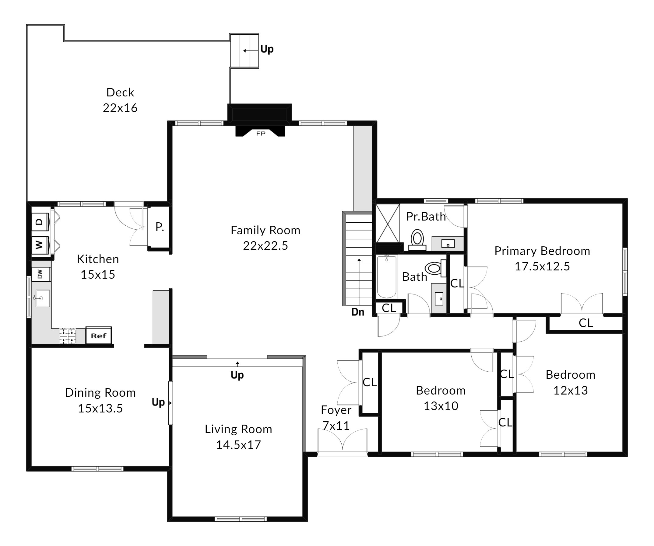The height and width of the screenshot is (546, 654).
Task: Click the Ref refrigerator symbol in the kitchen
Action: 98,335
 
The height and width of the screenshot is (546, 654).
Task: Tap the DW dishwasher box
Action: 41,274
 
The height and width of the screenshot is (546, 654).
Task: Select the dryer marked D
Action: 40,221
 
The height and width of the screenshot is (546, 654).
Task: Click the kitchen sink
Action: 42,298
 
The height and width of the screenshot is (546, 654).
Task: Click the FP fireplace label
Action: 261,134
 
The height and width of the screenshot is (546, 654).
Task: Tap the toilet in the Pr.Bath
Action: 417,240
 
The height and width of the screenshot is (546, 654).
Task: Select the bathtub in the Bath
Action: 387,276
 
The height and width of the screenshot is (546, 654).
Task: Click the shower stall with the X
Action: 388,223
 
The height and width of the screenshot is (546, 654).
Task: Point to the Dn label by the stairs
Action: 358,312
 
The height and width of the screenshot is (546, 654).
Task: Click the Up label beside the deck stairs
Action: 267,49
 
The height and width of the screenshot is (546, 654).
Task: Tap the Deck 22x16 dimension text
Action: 120,108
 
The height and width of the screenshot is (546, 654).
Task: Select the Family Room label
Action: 265,230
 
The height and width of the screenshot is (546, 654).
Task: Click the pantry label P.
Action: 160,227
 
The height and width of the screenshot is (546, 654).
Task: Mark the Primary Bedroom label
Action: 542,251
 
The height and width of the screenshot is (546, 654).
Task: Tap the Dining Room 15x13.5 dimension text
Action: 100,408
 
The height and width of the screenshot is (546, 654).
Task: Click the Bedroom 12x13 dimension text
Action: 571,390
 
